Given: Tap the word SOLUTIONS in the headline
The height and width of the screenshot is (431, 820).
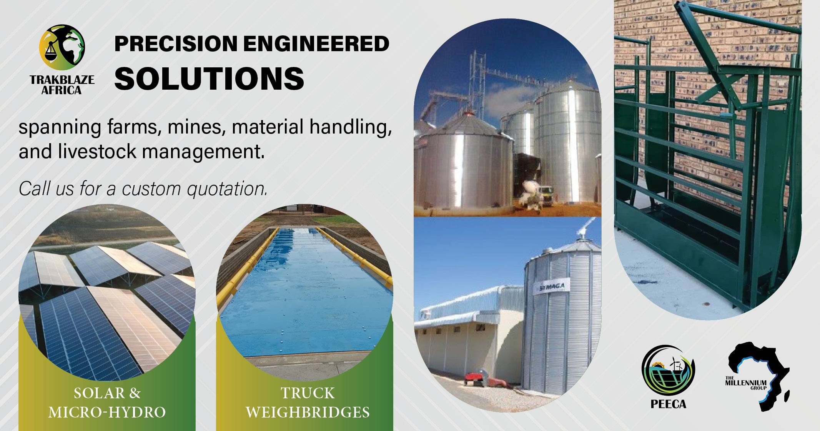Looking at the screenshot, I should (209, 79).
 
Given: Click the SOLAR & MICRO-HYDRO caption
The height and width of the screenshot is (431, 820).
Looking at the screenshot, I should (107, 403).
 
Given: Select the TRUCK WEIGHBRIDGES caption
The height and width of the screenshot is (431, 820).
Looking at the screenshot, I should (308, 403).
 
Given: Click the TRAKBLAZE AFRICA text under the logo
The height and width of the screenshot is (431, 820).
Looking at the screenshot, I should (62, 85).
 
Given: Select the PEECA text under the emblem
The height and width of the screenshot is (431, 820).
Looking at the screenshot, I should (668, 404).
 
